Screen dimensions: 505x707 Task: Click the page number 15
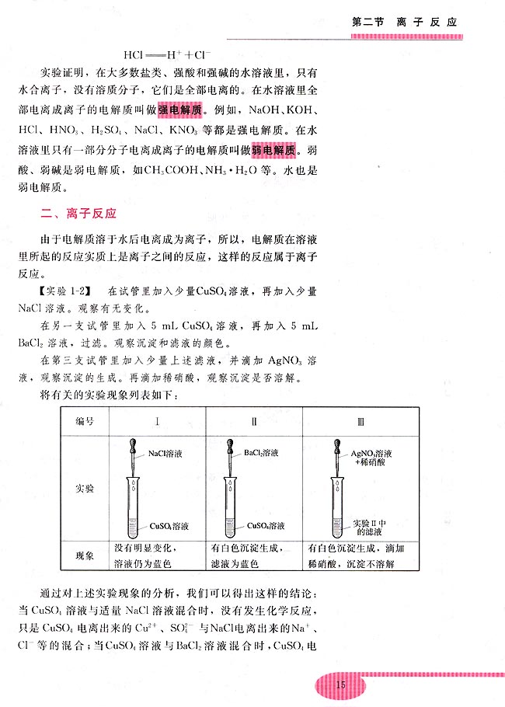339,684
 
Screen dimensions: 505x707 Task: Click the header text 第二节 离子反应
404,22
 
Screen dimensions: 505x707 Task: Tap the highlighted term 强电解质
182,110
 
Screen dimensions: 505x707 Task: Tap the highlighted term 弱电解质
272,150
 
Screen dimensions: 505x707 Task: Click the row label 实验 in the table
84,488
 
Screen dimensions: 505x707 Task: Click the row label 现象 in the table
84,556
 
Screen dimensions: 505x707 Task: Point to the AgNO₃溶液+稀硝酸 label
371,457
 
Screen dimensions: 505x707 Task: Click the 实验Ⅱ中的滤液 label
371,527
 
